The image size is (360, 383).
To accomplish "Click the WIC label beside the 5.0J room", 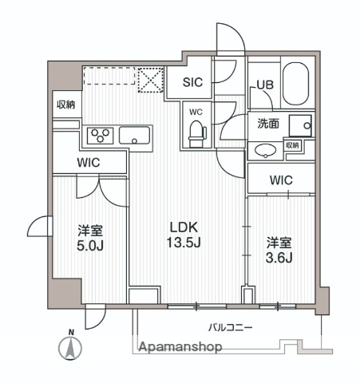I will pos(89,163).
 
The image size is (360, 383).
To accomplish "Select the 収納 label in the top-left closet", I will pos(65,105).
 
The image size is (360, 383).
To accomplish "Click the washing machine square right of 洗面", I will pos(301,125).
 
